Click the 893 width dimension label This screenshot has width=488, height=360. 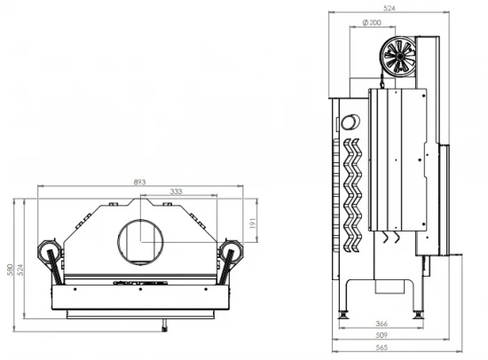(139, 182)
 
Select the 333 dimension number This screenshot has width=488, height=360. (176, 192)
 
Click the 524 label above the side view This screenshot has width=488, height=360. (389, 8)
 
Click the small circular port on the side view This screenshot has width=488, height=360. (351, 121)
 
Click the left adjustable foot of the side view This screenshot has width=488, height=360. (343, 315)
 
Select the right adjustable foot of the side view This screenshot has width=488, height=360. (420, 315)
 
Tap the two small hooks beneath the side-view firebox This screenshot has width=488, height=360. (390, 239)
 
